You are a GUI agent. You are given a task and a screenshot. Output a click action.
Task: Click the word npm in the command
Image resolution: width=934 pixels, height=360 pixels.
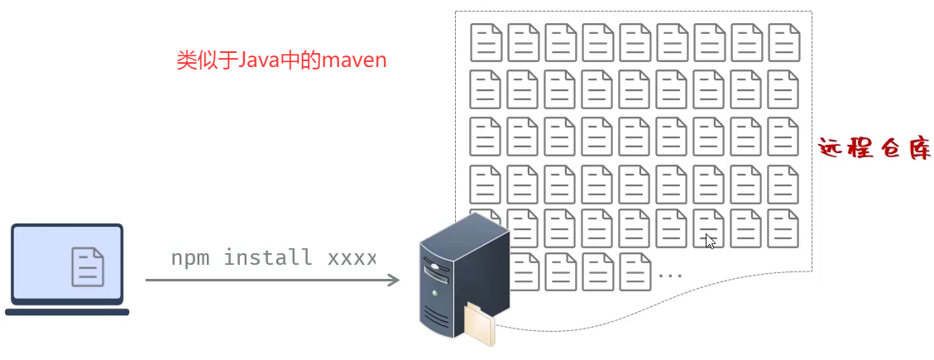point(190,257)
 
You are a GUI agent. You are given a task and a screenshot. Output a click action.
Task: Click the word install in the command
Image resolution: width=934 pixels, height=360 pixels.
point(268,257)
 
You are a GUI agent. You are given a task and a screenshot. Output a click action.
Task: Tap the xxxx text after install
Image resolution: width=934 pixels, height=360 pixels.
point(352,257)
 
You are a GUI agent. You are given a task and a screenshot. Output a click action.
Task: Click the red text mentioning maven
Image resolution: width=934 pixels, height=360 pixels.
point(281,60)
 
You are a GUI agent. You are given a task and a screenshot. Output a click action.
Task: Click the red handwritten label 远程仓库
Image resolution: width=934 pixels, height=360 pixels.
point(874,149)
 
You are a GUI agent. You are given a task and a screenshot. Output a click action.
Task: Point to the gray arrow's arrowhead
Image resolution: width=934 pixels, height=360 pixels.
point(395,280)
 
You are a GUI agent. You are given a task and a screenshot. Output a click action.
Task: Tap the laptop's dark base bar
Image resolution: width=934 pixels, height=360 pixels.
point(67,312)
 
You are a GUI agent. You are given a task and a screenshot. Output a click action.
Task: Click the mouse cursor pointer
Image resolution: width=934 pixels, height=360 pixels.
point(709,240)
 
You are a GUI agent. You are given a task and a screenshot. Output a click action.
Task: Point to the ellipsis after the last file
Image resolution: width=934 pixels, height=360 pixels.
point(669,273)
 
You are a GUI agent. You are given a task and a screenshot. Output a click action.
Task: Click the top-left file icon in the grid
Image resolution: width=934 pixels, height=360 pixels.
point(486,42)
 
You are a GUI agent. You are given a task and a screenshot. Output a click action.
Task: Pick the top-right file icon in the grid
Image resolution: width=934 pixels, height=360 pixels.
point(783,42)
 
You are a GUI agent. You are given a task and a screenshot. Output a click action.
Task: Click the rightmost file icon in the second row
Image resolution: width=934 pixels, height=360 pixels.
point(783,89)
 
